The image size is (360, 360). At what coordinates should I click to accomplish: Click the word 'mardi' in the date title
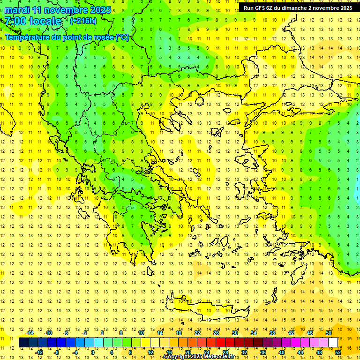click(17, 10)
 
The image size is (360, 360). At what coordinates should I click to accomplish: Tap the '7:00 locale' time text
click(33, 21)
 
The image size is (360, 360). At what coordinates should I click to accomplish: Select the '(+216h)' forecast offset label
click(83, 21)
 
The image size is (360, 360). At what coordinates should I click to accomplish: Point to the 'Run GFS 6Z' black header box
click(298, 8)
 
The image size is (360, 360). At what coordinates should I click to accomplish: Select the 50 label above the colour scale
click(329, 333)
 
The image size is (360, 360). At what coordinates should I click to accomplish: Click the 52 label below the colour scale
click(338, 352)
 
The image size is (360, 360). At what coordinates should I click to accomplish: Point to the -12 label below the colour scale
click(39, 352)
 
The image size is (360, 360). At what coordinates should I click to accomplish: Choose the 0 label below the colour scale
click(92, 352)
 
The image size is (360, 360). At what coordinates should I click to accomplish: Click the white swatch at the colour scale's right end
click(333, 343)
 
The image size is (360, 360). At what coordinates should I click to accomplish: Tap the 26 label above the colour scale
click(216, 333)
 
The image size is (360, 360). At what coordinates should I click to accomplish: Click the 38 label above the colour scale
click(272, 333)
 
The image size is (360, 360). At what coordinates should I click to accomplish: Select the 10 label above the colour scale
click(141, 333)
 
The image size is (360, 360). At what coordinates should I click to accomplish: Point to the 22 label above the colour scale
click(197, 333)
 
